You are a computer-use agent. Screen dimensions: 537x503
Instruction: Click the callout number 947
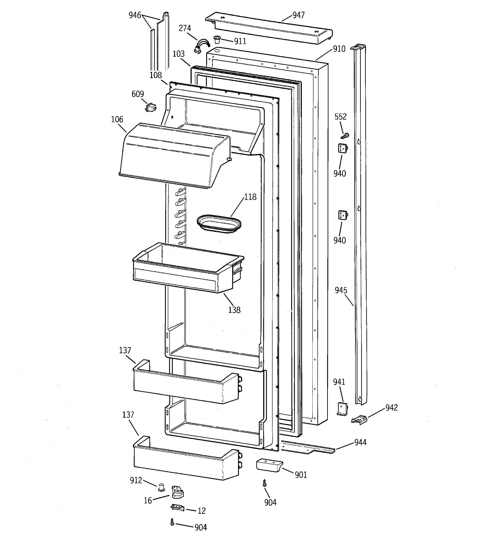(298, 15)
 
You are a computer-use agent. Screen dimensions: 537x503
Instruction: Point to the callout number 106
(117, 119)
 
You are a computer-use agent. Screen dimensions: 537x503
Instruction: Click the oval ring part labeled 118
(219, 224)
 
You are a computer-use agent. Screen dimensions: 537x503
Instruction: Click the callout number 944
(360, 442)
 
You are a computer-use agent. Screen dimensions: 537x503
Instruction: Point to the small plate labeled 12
(177, 507)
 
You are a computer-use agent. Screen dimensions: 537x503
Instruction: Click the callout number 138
(234, 310)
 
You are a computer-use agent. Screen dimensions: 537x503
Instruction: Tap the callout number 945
(341, 290)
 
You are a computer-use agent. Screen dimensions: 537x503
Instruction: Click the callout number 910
(339, 49)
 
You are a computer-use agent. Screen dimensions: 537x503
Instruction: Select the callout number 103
(178, 54)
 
